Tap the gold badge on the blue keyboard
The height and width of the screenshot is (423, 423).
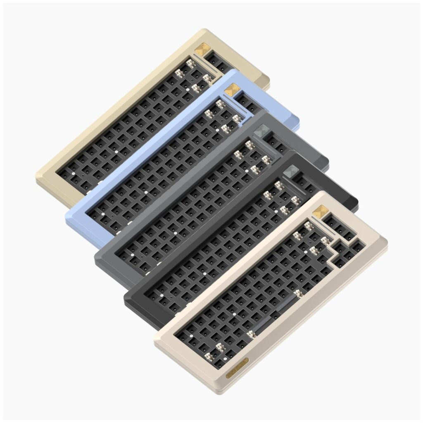pyautogui.click(x=232, y=89)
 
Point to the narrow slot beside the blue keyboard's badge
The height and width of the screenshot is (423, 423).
pyautogui.click(x=232, y=103)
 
